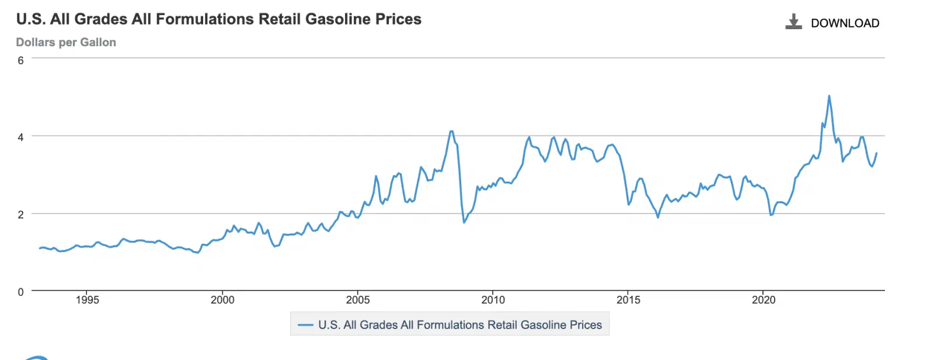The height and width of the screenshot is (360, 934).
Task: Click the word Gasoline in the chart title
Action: [x=338, y=19]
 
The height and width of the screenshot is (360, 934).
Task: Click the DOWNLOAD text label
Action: [x=845, y=23]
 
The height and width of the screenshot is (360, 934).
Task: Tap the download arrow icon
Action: [x=793, y=22]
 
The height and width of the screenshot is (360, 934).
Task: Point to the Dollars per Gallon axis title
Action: [x=66, y=43]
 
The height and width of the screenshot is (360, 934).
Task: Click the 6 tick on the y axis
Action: [x=21, y=60]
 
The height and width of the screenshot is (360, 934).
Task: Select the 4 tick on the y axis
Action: [x=21, y=137]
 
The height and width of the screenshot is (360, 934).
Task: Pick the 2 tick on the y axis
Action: [x=21, y=215]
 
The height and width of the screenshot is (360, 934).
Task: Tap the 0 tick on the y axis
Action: [x=21, y=292]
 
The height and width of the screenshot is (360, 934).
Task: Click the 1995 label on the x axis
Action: [x=87, y=300]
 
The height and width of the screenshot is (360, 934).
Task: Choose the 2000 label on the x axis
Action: [x=222, y=300]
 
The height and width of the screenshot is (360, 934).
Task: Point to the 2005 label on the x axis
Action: [x=358, y=300]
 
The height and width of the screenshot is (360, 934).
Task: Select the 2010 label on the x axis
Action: [x=493, y=300]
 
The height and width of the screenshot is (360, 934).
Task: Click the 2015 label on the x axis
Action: [x=628, y=300]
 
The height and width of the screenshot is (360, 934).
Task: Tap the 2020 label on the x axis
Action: [x=764, y=300]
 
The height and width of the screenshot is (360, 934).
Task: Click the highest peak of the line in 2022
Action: [x=829, y=96]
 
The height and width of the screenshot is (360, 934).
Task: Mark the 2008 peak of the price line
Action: [x=451, y=131]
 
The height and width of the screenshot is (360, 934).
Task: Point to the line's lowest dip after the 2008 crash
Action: [x=464, y=222]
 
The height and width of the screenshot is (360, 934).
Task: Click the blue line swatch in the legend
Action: [x=305, y=325]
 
